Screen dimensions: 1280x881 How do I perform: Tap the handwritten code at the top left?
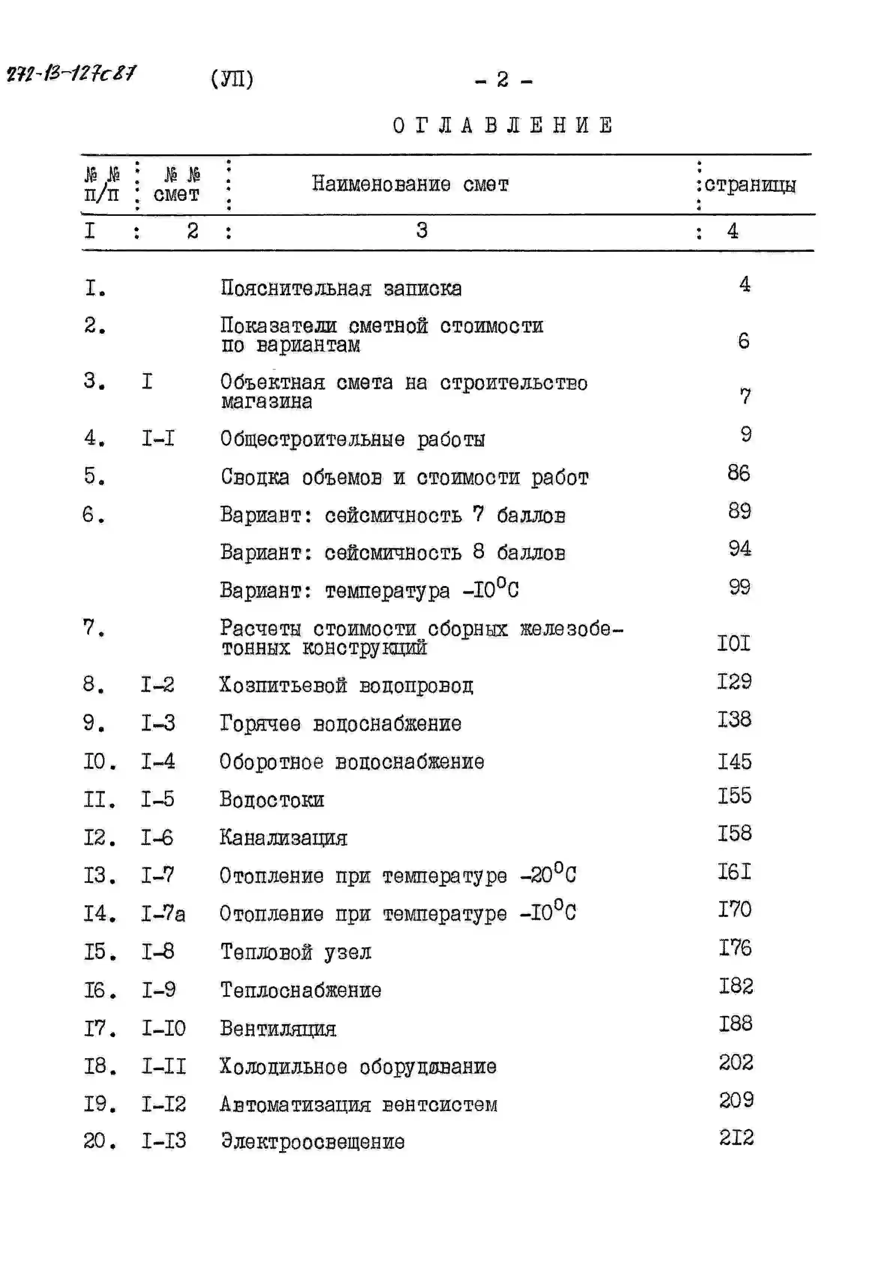click(71, 73)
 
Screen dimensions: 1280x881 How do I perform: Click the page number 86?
click(739, 473)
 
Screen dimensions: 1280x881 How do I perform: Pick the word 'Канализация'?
click(283, 838)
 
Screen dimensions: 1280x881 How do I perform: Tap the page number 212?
click(736, 1138)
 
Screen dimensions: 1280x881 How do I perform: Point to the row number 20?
click(99, 1141)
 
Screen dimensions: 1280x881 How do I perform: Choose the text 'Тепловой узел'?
click(296, 952)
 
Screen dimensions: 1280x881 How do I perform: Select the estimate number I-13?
click(163, 1141)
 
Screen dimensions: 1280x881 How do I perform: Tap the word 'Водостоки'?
click(272, 800)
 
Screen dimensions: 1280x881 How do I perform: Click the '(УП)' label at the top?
click(232, 79)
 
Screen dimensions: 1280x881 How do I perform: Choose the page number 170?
click(735, 909)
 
